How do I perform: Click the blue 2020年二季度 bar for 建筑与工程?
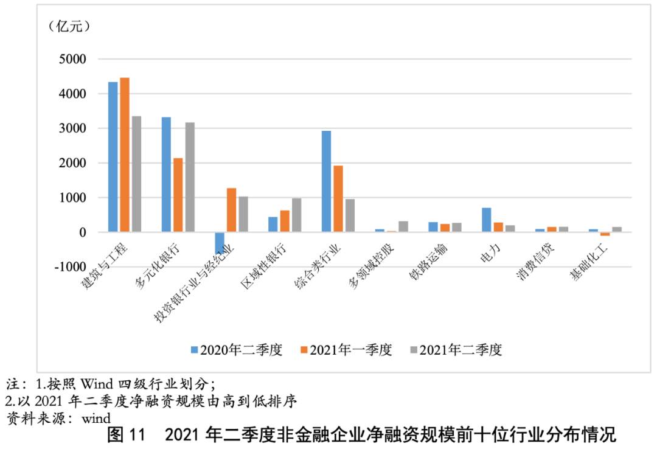point(113,157)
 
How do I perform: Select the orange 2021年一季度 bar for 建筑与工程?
point(125,155)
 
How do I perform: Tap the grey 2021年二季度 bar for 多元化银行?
point(190,177)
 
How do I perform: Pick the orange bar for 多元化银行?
point(178,195)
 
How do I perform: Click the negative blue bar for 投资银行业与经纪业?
point(219,243)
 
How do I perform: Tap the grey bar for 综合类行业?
point(350,215)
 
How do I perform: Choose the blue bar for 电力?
point(486,220)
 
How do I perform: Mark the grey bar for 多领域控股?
point(403,226)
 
